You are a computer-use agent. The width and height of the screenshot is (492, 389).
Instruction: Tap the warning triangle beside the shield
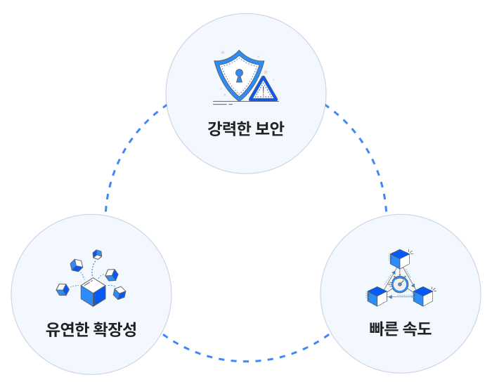pos(264,90)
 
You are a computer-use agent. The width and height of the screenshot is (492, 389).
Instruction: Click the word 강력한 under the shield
pos(228,129)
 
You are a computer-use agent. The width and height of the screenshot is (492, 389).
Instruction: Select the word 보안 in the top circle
pos(270,129)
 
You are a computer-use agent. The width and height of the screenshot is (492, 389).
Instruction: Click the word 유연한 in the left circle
pos(66,329)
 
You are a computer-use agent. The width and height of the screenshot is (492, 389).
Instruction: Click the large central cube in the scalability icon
pos(93,292)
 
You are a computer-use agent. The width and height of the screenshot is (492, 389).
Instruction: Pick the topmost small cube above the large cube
pos(97,254)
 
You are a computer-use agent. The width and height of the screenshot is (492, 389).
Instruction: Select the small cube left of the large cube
pos(63,289)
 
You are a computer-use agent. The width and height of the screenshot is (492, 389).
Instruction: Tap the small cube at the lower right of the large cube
pos(119,292)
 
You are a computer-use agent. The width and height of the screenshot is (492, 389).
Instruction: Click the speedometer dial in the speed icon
pos(399,284)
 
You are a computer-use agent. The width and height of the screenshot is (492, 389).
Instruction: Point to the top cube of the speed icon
pos(400,258)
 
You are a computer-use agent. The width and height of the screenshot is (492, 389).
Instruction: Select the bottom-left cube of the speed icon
pos(377,297)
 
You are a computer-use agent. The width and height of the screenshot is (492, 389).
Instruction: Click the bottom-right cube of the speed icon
pos(422,296)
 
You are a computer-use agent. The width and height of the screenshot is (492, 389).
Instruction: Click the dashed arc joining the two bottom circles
pos(246,361)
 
